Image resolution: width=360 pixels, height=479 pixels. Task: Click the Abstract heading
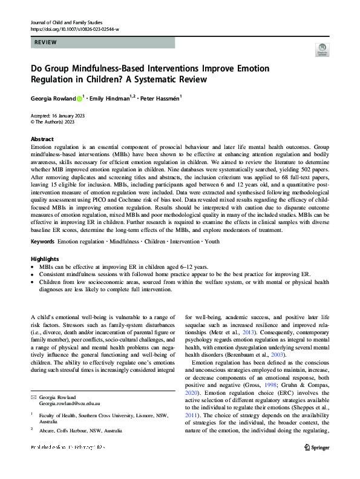42,139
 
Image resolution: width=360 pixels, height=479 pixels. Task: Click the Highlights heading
44,259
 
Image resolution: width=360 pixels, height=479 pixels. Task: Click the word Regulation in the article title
58,80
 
